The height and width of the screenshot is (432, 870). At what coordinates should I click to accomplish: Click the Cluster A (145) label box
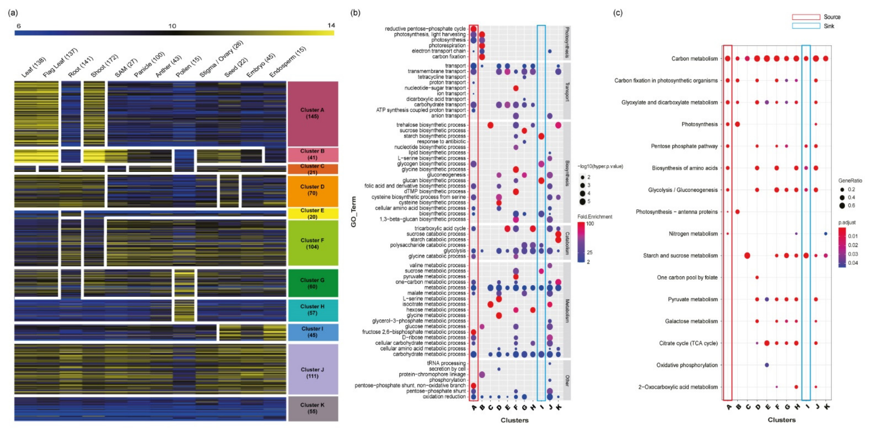pyautogui.click(x=312, y=114)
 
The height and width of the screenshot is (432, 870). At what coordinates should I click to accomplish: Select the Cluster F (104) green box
pyautogui.click(x=312, y=243)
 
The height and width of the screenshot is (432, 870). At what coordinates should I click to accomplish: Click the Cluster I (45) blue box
pyautogui.click(x=312, y=332)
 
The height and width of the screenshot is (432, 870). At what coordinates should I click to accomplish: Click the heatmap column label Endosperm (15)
pyautogui.click(x=288, y=62)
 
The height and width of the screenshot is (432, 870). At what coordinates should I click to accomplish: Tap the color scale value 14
pyautogui.click(x=331, y=25)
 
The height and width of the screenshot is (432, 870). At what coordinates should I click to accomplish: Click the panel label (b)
pyautogui.click(x=355, y=13)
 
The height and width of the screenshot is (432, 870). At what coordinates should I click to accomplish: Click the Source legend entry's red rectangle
pyautogui.click(x=806, y=17)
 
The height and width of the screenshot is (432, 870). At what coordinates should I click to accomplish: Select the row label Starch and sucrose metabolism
pyautogui.click(x=680, y=256)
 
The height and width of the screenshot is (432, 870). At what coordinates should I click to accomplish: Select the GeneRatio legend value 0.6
pyautogui.click(x=851, y=205)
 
